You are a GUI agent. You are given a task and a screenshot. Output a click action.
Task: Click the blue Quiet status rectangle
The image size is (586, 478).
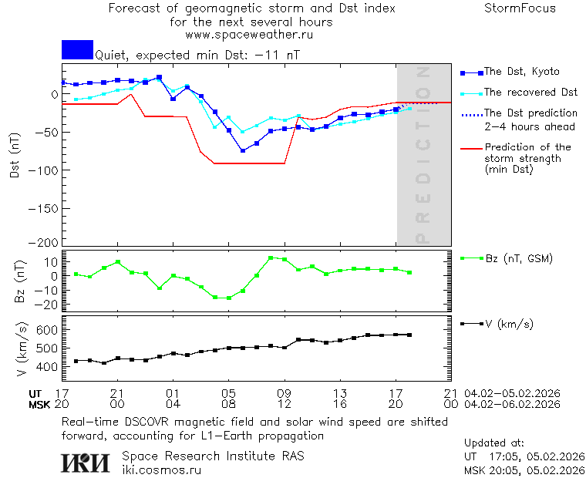coord(77,50)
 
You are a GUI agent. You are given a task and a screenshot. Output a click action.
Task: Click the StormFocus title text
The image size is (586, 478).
coord(520,8)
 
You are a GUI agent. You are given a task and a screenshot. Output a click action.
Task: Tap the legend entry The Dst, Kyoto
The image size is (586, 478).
coord(521,72)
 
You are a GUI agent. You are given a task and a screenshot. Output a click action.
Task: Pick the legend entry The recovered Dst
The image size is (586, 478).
coord(530,93)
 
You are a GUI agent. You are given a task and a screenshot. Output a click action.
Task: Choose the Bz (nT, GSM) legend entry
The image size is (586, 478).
coord(518,258)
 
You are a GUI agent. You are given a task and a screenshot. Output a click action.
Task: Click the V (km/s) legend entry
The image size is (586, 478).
coord(508,324)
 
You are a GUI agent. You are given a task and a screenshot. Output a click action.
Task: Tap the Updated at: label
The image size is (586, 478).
coord(494,443)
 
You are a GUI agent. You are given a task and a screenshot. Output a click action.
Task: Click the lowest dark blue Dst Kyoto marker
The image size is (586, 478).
coord(243,150)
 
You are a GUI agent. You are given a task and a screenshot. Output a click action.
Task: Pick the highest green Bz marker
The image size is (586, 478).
coord(271,258)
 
